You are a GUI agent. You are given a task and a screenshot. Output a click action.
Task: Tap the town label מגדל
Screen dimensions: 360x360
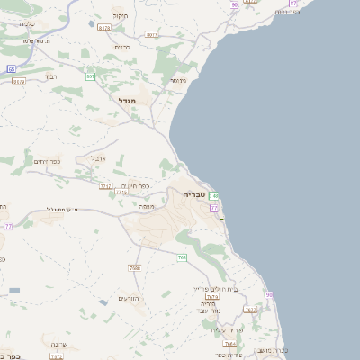coord(126,101)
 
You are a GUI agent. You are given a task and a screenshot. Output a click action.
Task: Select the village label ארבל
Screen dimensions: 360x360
coord(98,157)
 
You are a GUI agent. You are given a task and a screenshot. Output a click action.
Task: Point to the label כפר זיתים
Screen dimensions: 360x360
coord(48,161)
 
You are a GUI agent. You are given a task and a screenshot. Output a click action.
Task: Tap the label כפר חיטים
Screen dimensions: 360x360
coord(136,186)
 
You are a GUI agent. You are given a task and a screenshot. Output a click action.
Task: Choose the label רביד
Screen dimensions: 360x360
coord(52,76)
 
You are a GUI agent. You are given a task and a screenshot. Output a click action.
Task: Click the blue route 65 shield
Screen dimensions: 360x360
coord(11,68)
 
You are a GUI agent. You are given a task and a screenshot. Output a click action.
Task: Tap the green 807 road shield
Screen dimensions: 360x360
coord(91,76)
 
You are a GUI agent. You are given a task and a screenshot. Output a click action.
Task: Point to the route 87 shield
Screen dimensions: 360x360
coord(293,4)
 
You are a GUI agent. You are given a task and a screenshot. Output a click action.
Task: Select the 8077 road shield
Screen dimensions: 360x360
coord(151,35)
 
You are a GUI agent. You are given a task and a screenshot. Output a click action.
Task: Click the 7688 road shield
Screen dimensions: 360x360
coord(135,267)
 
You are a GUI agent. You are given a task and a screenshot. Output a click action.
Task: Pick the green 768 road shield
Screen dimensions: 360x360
coord(182,258)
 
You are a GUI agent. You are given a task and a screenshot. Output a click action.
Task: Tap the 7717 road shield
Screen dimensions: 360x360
coord(105,186)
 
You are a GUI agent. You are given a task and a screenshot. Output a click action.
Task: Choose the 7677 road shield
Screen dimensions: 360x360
coord(250,310)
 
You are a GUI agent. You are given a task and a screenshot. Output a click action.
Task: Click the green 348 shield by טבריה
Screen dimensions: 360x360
coord(213,195)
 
